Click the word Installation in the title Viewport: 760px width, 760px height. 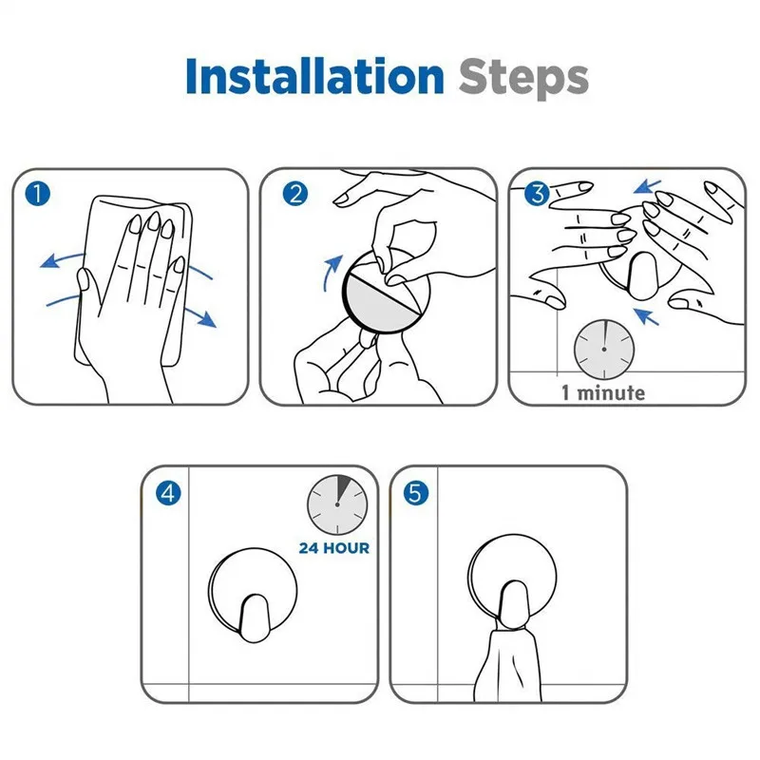pos(314,76)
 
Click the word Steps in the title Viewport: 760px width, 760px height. pos(523,78)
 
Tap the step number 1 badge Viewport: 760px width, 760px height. pos(37,194)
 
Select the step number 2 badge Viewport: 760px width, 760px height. pos(295,194)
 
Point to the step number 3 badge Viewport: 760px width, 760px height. pos(537,194)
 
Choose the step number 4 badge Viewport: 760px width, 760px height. pos(168,493)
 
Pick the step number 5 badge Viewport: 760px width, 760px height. pos(416,493)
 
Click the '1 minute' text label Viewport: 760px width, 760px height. pos(603,392)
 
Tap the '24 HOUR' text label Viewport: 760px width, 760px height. pos(334,548)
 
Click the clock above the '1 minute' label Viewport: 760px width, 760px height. pos(604,349)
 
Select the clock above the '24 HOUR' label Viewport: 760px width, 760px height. pos(337,504)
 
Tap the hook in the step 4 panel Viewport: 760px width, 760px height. pos(254,618)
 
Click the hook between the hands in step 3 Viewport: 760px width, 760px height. pos(642,275)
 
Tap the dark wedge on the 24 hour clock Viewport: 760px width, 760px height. pos(343,488)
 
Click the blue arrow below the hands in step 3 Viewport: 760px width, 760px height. pos(647,316)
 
